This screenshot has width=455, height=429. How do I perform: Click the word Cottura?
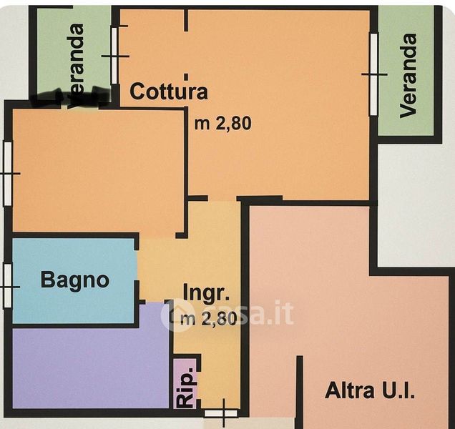[x=169, y=92]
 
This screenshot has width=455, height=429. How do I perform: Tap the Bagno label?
[x=75, y=280]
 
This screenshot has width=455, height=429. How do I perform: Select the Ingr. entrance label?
[x=206, y=292]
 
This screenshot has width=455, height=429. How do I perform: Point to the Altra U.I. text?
[x=371, y=391]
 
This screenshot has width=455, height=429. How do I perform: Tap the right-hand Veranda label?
[x=408, y=75]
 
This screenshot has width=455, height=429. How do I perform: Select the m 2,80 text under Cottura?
[x=223, y=122]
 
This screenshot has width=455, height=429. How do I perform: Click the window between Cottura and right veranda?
[x=373, y=74]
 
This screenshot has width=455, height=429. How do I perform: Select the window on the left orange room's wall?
[x=7, y=173]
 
